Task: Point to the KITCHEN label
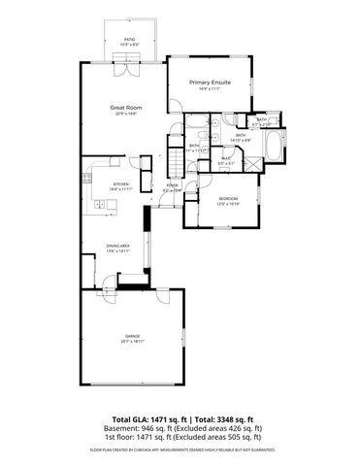[121, 183]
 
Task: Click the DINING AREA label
[118, 246]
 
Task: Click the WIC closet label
[223, 159]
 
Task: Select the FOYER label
[173, 184]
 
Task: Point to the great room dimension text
[121, 114]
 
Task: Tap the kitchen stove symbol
[99, 203]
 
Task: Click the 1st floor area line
[180, 437]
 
